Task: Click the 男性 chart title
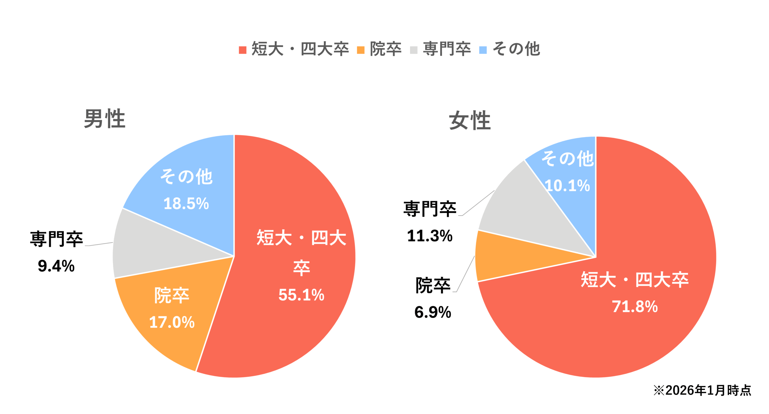[x=104, y=119]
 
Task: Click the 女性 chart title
[x=470, y=120]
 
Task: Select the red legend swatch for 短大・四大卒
[x=242, y=50]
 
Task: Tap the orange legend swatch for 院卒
[x=360, y=50]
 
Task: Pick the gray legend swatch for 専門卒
[x=414, y=50]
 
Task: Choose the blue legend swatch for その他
[x=483, y=50]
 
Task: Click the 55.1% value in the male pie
[x=301, y=295]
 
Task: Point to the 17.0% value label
[x=172, y=322]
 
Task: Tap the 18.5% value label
[x=186, y=204]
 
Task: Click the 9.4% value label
[x=56, y=266]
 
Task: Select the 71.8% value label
[x=635, y=307]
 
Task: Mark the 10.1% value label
[x=567, y=186]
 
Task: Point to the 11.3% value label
[x=430, y=236]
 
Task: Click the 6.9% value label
[x=433, y=312]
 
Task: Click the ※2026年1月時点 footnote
[x=702, y=390]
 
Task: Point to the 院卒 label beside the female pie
[x=433, y=285]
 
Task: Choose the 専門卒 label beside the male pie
[x=56, y=239]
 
